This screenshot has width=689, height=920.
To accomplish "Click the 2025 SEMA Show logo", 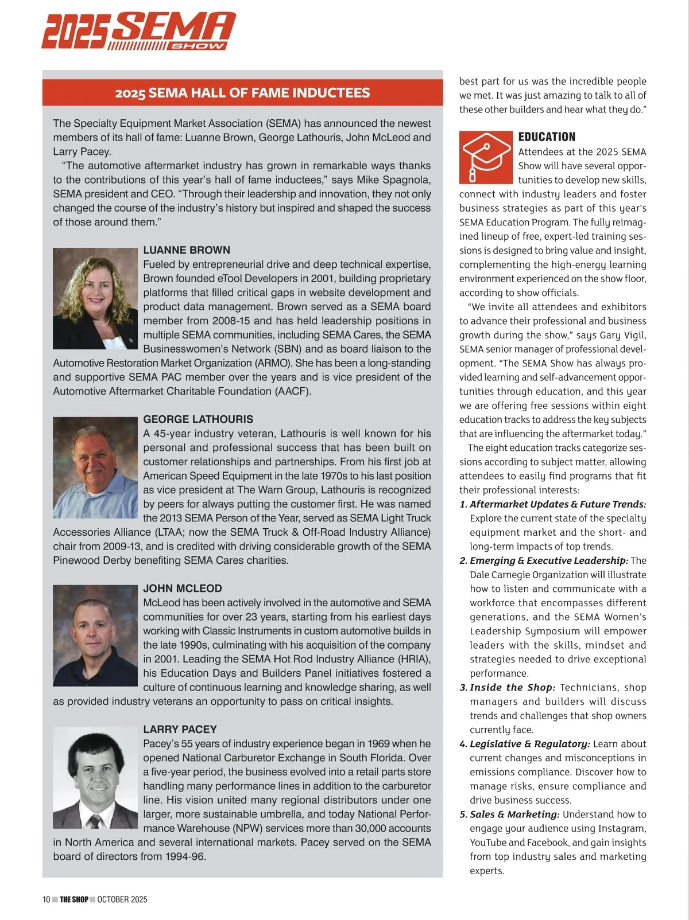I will pyautogui.click(x=138, y=31).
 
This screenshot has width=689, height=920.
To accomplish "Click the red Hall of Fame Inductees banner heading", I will pyautogui.click(x=242, y=93).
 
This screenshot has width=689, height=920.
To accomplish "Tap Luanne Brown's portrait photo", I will pyautogui.click(x=95, y=298).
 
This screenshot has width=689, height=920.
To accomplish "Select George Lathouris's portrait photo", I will pyautogui.click(x=95, y=467).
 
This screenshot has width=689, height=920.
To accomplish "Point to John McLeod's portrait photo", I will pyautogui.click(x=95, y=636).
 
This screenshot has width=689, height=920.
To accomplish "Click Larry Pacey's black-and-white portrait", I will pyautogui.click(x=95, y=778).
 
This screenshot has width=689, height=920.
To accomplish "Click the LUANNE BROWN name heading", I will pyautogui.click(x=187, y=250).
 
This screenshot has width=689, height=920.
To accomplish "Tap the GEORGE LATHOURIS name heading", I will pyautogui.click(x=198, y=419).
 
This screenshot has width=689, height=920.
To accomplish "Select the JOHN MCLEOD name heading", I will pyautogui.click(x=183, y=588).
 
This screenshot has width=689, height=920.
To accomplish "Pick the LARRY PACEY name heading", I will pyautogui.click(x=180, y=729).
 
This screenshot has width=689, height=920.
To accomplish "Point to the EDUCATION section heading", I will pyautogui.click(x=547, y=137).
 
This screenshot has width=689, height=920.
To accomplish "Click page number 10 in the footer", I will pyautogui.click(x=47, y=899).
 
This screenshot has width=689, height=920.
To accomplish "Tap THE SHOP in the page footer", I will pyautogui.click(x=74, y=899).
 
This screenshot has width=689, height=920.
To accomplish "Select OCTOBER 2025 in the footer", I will pyautogui.click(x=122, y=899).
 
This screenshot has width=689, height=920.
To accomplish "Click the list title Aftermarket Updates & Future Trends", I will pyautogui.click(x=558, y=504).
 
